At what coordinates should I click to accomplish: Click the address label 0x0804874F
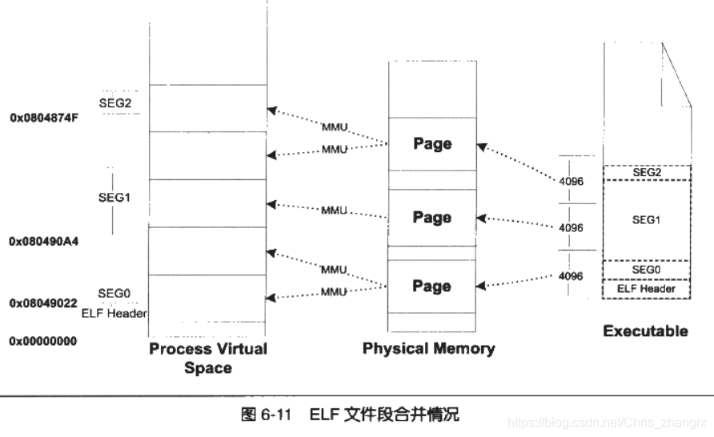point(44,117)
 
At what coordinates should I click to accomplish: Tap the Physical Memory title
point(428,348)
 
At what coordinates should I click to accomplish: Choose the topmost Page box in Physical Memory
point(432,144)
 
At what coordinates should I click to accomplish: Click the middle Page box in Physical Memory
point(432,218)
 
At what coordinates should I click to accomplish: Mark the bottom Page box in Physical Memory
point(432,286)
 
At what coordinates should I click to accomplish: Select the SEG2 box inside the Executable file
point(647,173)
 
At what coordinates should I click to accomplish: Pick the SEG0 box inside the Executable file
point(647,270)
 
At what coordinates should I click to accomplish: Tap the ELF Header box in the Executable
point(647,288)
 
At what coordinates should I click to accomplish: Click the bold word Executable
point(645,331)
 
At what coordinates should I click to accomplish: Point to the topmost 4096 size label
point(572,182)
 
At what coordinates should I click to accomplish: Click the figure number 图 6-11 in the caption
point(270,415)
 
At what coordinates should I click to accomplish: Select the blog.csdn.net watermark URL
point(609,421)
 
